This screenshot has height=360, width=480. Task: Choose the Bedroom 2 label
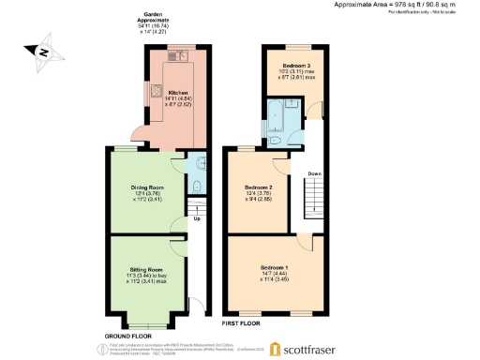[258, 187]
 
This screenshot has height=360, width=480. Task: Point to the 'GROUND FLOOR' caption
[128, 335]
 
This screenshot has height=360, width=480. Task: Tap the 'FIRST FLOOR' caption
[241, 323]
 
